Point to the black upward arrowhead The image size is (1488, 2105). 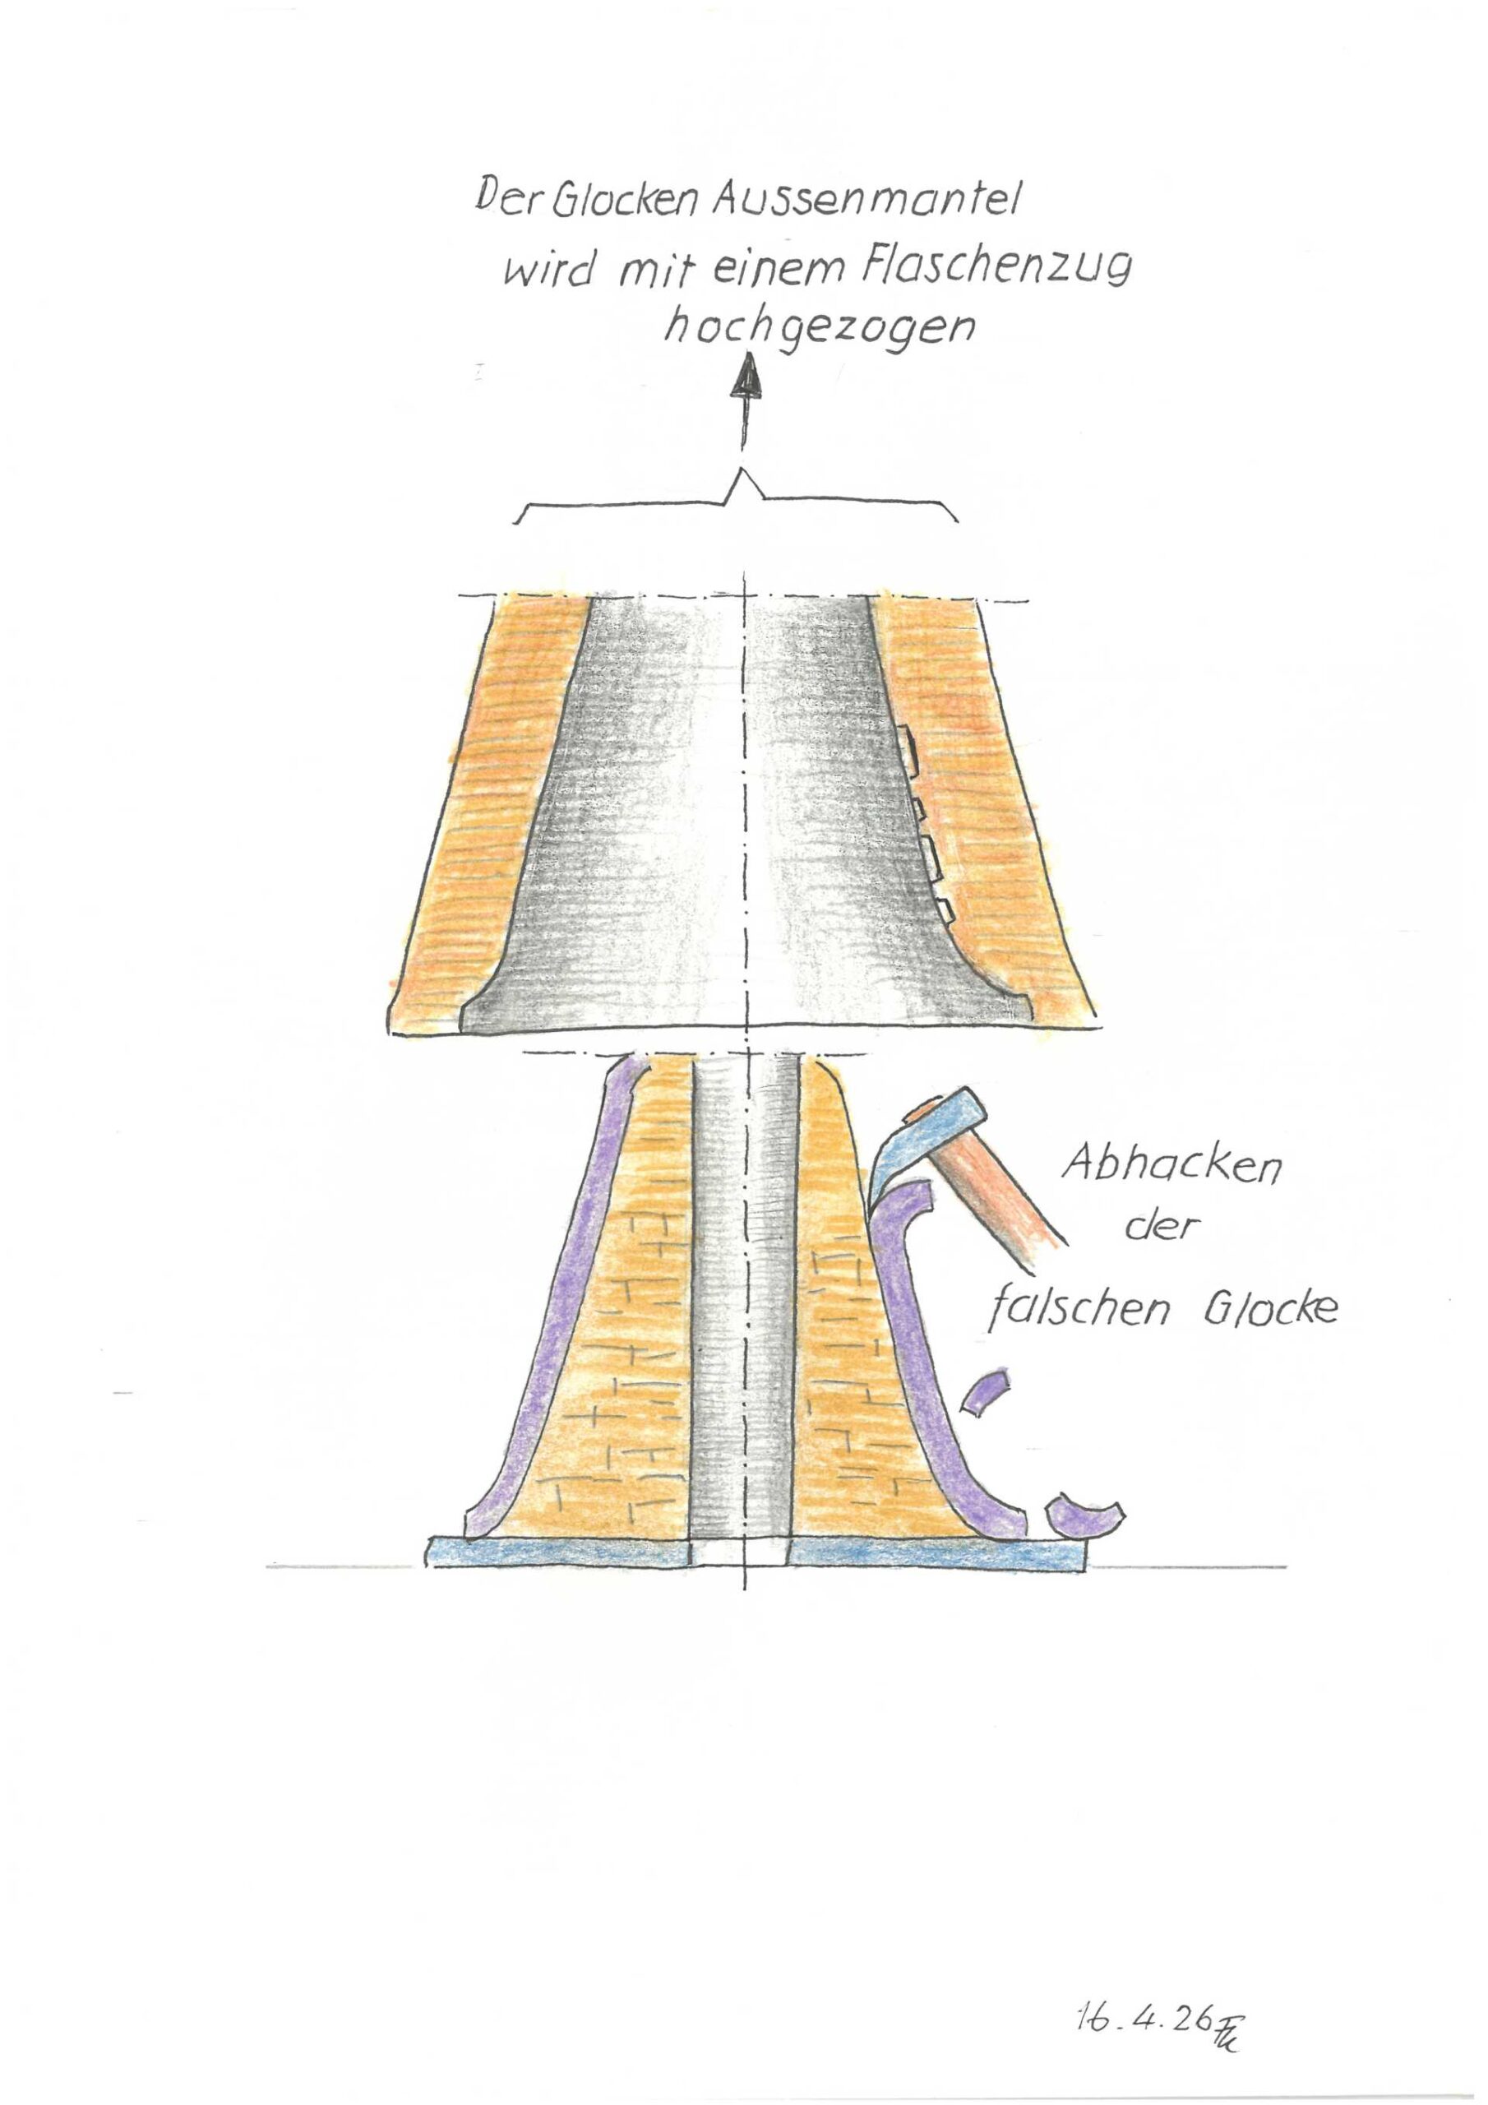point(748,377)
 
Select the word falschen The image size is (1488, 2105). point(1078,1308)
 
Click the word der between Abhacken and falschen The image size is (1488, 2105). point(1161,1228)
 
